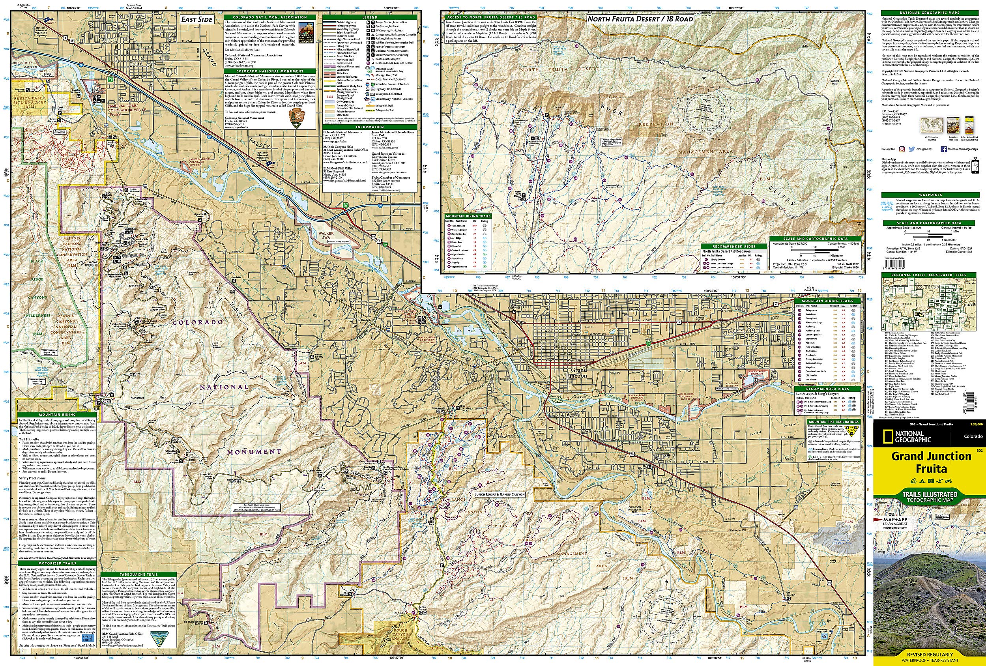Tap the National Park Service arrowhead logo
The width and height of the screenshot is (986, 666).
click(295, 118)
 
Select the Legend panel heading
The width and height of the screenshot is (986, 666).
click(370, 17)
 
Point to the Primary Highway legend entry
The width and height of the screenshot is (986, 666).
click(347, 26)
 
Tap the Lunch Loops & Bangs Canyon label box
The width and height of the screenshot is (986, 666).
click(500, 494)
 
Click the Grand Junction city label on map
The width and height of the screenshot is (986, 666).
click(576, 373)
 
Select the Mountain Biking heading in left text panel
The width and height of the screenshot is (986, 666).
click(57, 414)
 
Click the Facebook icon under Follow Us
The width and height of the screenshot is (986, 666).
click(941, 149)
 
